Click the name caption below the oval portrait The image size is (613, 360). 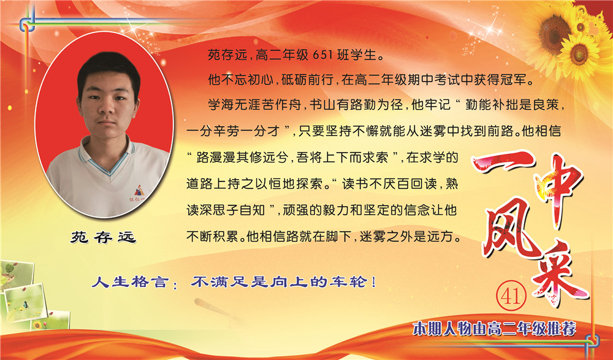point(103,237)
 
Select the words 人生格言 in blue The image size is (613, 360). point(130,282)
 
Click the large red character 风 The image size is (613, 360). point(508,227)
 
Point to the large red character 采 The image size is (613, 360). point(560,274)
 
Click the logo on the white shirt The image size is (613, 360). point(139,192)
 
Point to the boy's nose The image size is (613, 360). point(107,105)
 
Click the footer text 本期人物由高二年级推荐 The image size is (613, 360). point(494,329)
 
